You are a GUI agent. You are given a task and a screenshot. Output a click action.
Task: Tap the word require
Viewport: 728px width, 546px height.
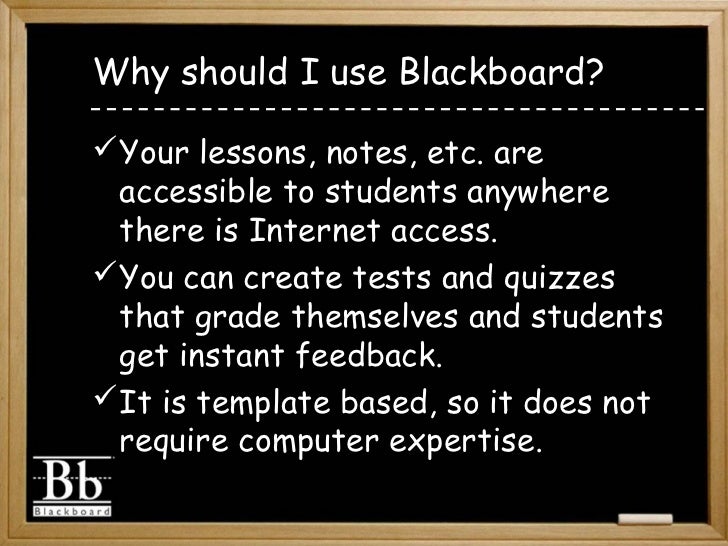[170, 443]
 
